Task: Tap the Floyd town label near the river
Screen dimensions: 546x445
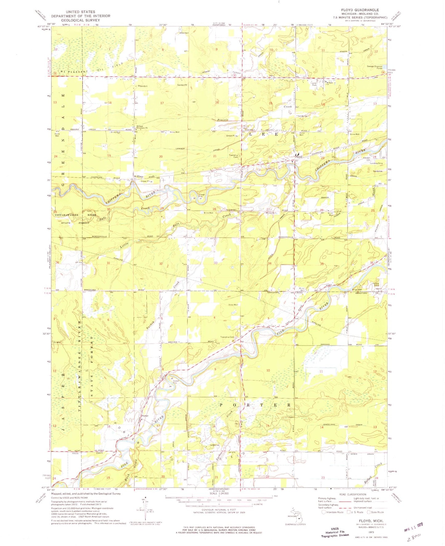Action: [298, 157]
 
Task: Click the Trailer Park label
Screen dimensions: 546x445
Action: [313, 84]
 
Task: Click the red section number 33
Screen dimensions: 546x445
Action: [216, 263]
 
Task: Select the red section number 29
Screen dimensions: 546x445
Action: [162, 209]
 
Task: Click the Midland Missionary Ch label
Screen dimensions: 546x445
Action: [142, 128]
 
